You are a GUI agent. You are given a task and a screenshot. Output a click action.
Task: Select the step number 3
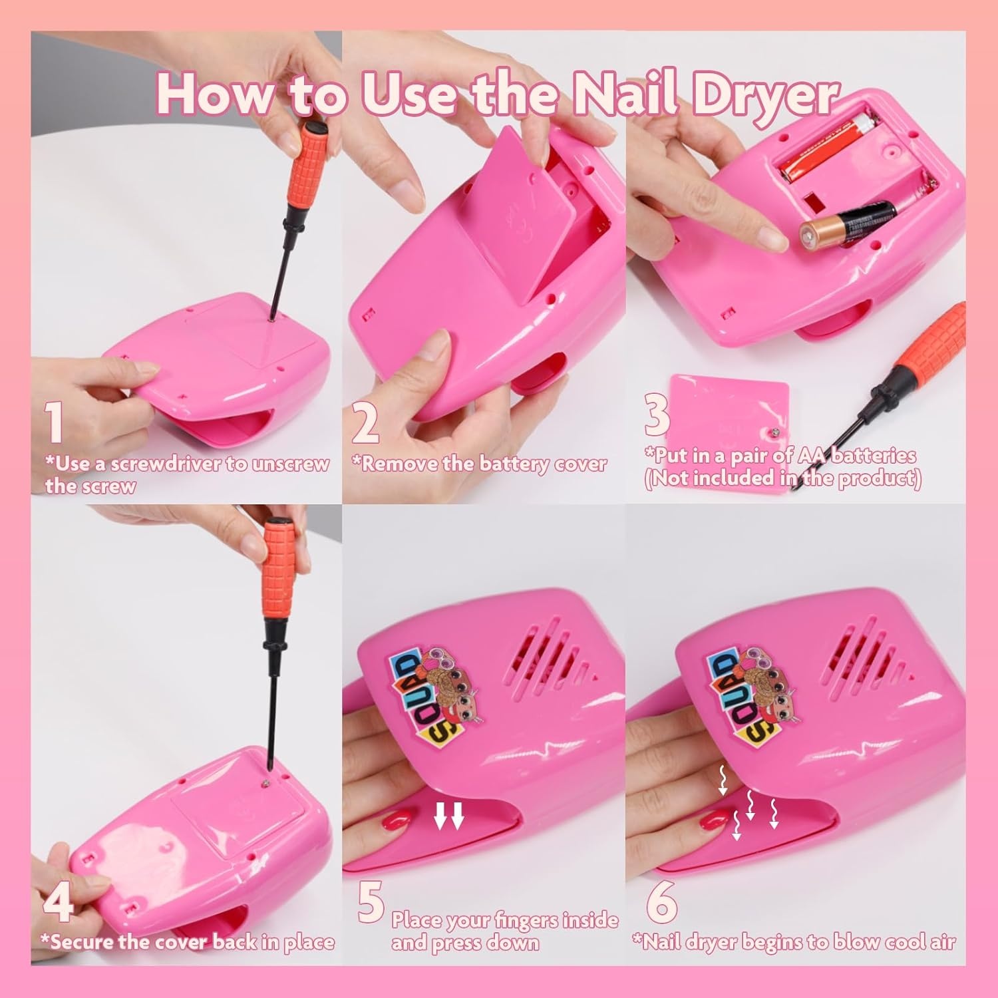coord(657,414)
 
